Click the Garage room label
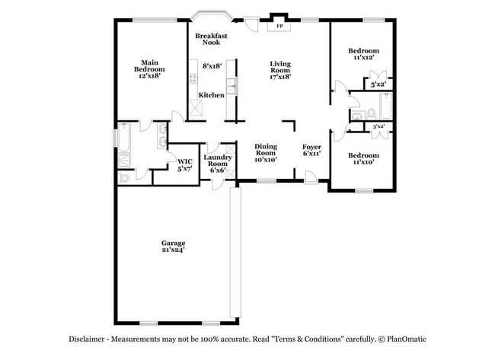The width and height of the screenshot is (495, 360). [x=173, y=242]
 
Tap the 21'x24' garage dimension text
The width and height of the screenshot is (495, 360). [x=173, y=250]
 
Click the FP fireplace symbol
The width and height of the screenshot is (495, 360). [x=279, y=24]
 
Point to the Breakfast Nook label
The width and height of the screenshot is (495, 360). [x=211, y=39]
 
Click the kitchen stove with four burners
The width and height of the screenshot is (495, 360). [x=193, y=78]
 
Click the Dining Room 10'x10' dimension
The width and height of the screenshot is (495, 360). [x=265, y=159]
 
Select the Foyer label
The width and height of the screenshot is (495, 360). [x=311, y=146]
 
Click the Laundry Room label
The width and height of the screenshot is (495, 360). [x=217, y=160]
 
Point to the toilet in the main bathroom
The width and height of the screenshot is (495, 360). [x=126, y=177]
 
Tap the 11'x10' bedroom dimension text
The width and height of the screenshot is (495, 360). [x=363, y=163]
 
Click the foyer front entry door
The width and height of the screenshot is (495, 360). [x=311, y=177]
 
